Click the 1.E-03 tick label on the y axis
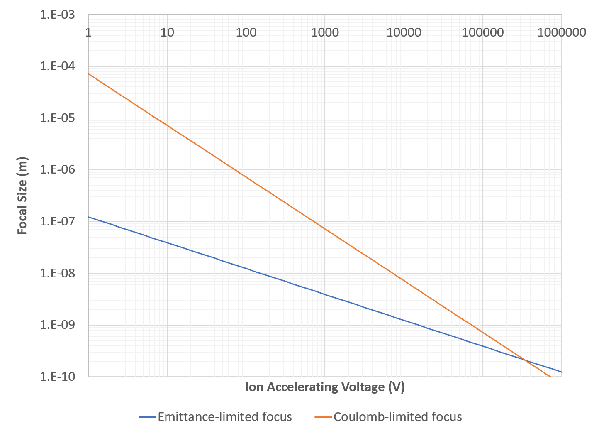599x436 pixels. (57, 15)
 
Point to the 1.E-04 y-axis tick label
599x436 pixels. (57, 66)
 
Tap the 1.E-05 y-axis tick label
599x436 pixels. (57, 118)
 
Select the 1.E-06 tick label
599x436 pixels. (57, 170)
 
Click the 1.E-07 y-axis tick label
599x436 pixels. (57, 222)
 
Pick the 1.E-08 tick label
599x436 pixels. (57, 273)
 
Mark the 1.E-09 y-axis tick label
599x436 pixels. (57, 325)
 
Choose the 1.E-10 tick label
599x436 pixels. (57, 377)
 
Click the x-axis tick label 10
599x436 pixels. (167, 32)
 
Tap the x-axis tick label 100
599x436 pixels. (246, 32)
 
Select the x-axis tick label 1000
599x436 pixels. (325, 32)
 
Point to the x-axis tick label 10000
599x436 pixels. (404, 32)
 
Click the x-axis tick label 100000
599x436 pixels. (483, 32)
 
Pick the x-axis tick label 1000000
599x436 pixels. (562, 32)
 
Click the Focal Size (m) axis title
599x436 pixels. (22, 196)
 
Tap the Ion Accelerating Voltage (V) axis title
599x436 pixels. (325, 387)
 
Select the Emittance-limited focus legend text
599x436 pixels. (225, 417)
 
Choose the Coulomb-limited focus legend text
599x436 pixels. (397, 417)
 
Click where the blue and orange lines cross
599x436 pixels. (525, 360)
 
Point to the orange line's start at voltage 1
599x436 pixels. (89, 73)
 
